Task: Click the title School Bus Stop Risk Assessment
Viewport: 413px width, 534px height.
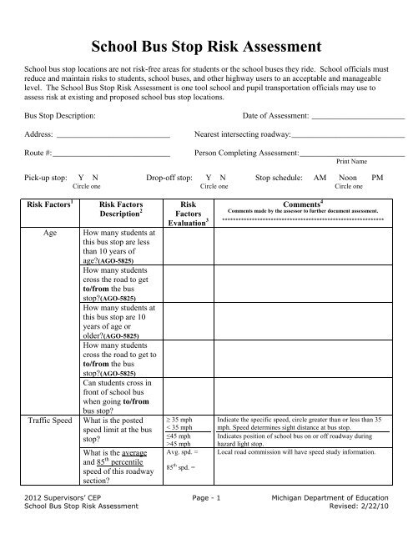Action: pyautogui.click(x=206, y=44)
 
